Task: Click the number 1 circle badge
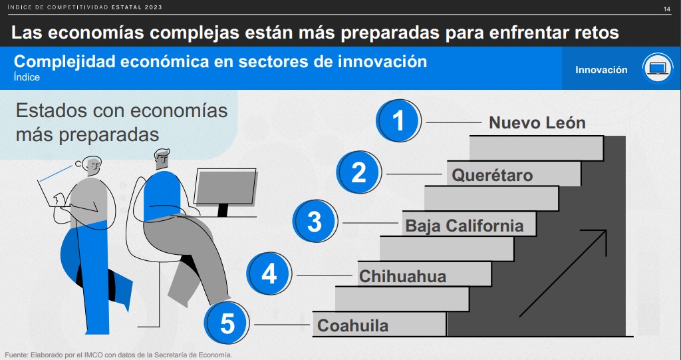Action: pyautogui.click(x=398, y=120)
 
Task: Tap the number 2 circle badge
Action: pyautogui.click(x=358, y=172)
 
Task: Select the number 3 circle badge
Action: pyautogui.click(x=315, y=221)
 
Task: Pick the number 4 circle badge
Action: pyautogui.click(x=269, y=273)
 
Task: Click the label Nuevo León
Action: pyautogui.click(x=537, y=122)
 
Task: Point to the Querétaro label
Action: pyautogui.click(x=492, y=175)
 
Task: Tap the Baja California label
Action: pyautogui.click(x=464, y=226)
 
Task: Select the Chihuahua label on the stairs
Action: pyautogui.click(x=402, y=276)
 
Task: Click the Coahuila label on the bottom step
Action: pyautogui.click(x=352, y=325)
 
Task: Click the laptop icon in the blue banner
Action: pyautogui.click(x=658, y=69)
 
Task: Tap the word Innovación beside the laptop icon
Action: pyautogui.click(x=601, y=70)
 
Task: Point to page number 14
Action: pyautogui.click(x=666, y=9)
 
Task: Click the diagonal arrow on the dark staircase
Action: pyautogui.click(x=563, y=273)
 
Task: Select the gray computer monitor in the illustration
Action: pyautogui.click(x=225, y=188)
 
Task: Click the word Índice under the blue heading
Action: pyautogui.click(x=27, y=77)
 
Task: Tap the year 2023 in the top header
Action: pyautogui.click(x=154, y=7)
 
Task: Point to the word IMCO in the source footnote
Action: pyautogui.click(x=94, y=355)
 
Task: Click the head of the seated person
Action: pyautogui.click(x=162, y=159)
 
